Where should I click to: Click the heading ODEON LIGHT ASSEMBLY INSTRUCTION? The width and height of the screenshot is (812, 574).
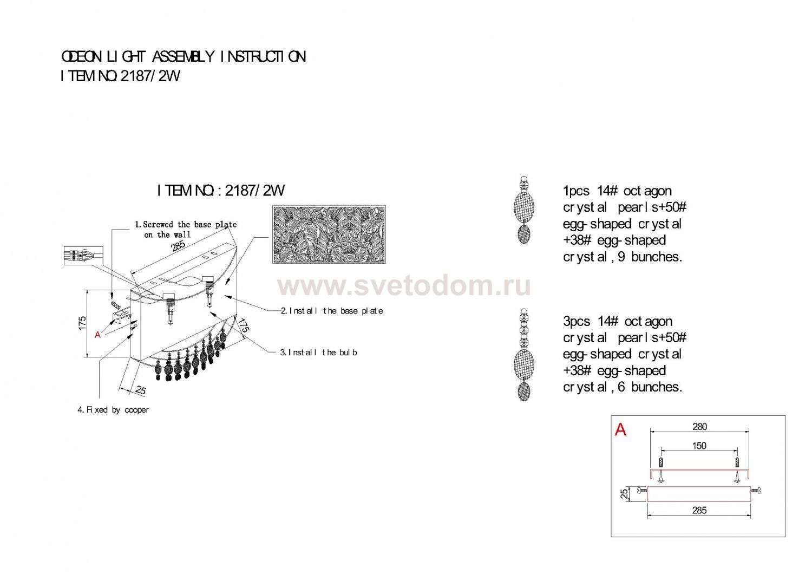point(184,57)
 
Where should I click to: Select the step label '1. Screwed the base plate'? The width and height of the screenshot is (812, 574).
point(186,224)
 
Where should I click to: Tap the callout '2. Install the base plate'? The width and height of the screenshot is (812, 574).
point(332,311)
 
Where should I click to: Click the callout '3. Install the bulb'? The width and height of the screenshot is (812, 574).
point(318,353)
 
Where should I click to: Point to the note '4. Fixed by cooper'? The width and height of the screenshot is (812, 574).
point(113,410)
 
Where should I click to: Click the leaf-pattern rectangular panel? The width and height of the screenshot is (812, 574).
point(329,234)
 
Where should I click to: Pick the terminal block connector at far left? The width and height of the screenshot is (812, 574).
point(83,256)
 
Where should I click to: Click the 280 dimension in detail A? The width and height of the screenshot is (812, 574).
point(699,427)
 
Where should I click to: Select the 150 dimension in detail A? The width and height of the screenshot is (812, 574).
point(699,446)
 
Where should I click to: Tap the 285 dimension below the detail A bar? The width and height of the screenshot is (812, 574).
point(699,511)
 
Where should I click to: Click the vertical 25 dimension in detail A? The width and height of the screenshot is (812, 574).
point(624,494)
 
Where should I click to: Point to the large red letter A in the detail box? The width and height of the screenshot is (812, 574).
point(620,429)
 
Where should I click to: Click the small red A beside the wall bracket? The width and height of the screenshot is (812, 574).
point(97,335)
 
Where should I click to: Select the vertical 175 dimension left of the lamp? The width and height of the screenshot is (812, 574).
point(82,323)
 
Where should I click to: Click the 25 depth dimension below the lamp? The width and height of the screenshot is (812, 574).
point(140,390)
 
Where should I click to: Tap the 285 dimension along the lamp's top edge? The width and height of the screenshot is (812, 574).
point(178,246)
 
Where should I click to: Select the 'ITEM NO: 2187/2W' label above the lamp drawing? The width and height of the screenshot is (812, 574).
point(221,191)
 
